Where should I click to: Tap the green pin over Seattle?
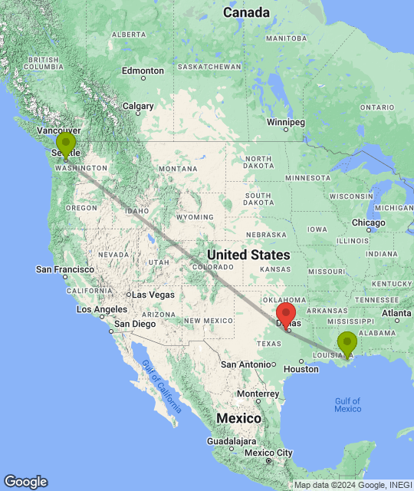pos(66,143)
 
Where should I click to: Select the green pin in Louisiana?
pos(347,342)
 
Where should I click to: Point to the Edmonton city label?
pos(143,71)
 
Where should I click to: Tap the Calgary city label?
pos(139,107)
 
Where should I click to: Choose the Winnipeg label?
pos(285,123)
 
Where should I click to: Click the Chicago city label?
pos(369,222)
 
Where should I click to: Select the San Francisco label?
pos(65,269)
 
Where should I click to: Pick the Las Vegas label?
pos(154,295)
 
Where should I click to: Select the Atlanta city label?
pos(396,313)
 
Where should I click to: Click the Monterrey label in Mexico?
pos(258,393)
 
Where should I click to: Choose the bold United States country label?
pos(248,255)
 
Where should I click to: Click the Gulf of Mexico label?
pos(347,404)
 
